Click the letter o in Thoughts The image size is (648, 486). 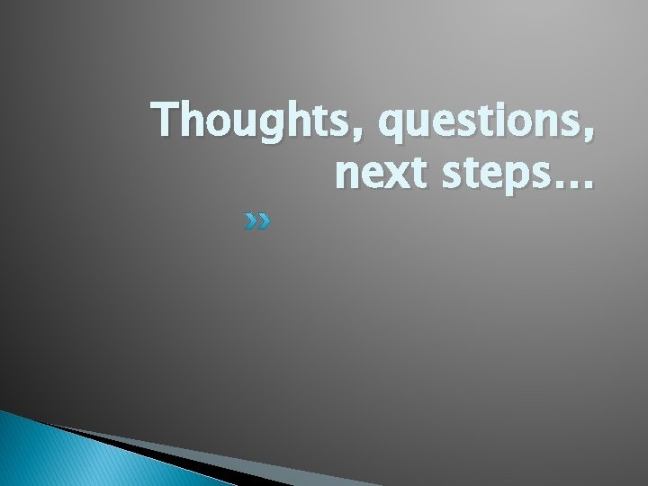pos(211,122)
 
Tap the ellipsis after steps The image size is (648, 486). pos(572,185)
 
